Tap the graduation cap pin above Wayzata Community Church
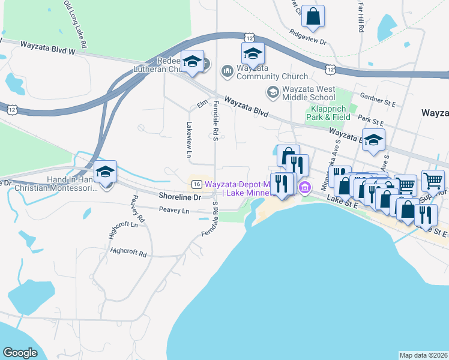(x=253, y=53)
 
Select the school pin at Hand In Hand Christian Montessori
(x=105, y=172)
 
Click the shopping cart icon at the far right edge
(x=433, y=180)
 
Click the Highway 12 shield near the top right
(x=330, y=70)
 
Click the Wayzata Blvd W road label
(x=47, y=47)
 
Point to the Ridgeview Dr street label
(x=307, y=38)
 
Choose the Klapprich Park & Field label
(x=329, y=113)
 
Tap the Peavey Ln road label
(x=173, y=211)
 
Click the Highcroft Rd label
(x=128, y=252)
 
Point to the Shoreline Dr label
(x=179, y=197)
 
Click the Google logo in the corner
(x=20, y=353)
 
